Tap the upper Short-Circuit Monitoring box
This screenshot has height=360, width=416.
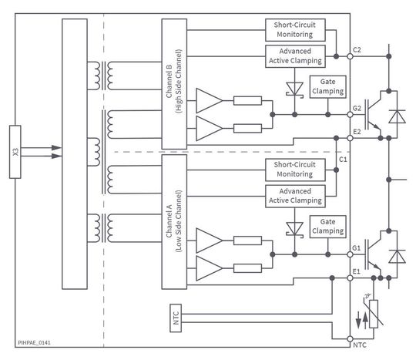click(x=295, y=30)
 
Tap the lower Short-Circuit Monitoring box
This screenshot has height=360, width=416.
click(x=295, y=170)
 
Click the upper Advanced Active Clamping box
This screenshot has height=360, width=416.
click(x=295, y=56)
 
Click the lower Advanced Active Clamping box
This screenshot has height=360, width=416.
click(x=295, y=196)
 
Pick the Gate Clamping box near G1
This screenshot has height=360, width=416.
click(x=326, y=226)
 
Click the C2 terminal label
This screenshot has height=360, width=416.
click(x=357, y=49)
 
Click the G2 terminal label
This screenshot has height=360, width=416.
click(x=357, y=109)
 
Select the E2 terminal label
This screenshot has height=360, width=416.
click(x=357, y=132)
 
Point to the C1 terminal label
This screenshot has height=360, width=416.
click(x=344, y=159)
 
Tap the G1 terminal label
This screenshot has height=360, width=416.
click(x=357, y=248)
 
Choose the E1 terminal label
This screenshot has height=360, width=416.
click(x=357, y=271)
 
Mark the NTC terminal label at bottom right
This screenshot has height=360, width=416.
click(x=359, y=345)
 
